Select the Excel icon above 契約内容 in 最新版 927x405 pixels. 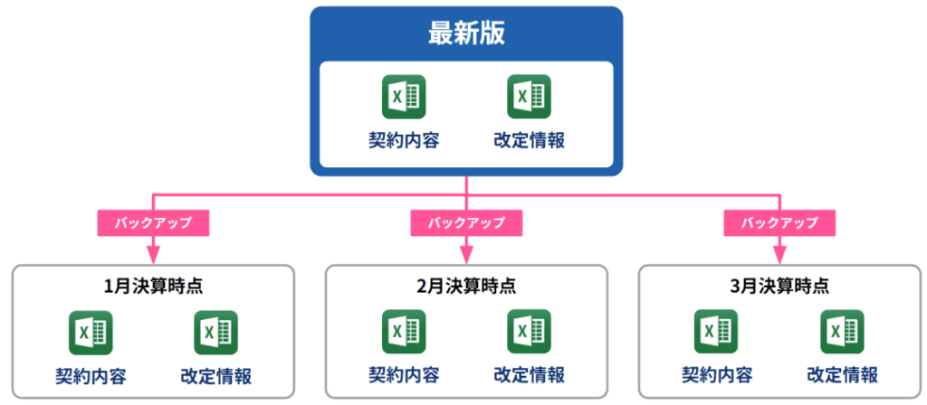404,97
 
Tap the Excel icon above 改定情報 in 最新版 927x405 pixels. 530,97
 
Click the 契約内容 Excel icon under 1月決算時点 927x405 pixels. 91,332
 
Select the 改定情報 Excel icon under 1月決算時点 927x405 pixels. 216,332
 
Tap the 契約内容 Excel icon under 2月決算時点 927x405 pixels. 404,332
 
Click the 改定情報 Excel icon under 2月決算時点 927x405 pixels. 530,332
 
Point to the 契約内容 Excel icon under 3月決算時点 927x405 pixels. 716,332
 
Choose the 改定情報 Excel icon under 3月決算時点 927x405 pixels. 843,332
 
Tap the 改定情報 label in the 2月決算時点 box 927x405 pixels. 530,375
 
